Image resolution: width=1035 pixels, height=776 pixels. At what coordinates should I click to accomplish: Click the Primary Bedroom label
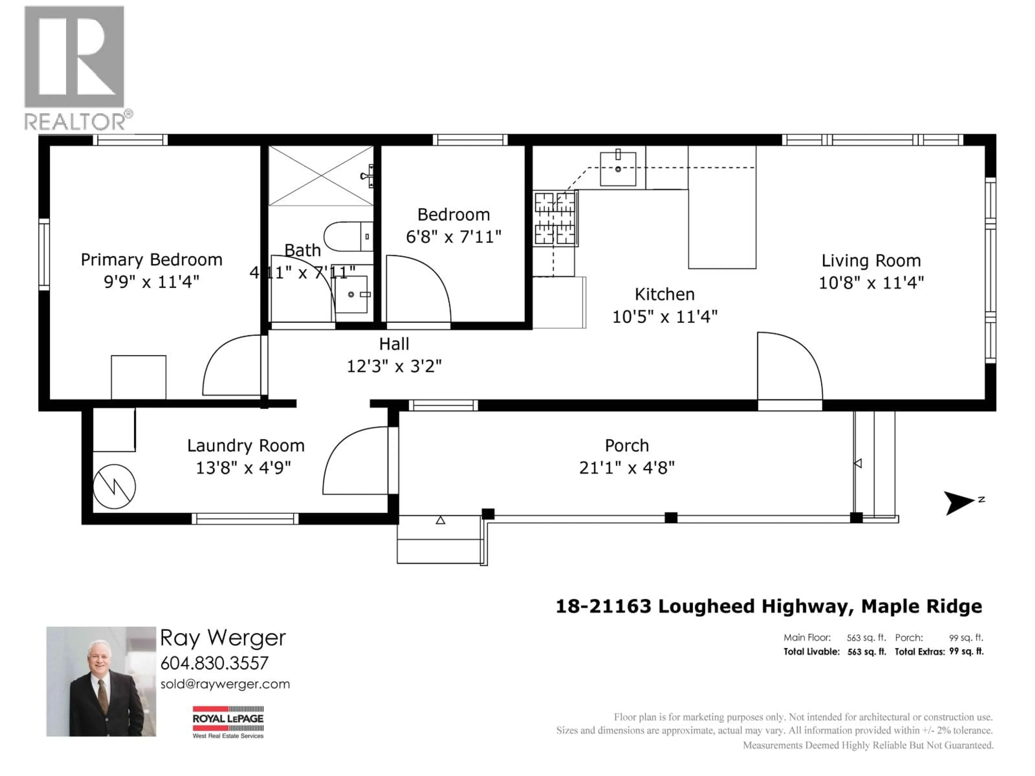click(151, 259)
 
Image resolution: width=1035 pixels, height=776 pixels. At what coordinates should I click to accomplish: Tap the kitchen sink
click(618, 168)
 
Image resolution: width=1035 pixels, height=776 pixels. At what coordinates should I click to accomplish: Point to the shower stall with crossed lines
click(321, 176)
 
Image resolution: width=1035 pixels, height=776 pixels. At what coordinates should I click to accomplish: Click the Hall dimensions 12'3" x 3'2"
click(394, 366)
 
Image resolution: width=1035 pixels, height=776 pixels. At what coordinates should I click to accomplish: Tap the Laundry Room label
click(246, 446)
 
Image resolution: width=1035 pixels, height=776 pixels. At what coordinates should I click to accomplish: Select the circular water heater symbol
click(114, 486)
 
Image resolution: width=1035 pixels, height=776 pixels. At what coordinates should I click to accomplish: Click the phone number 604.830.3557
click(214, 663)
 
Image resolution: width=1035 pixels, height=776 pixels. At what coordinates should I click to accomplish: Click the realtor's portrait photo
click(101, 681)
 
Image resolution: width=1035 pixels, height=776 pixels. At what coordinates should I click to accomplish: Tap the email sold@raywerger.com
click(225, 684)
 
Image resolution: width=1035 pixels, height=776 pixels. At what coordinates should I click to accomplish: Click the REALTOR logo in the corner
click(75, 68)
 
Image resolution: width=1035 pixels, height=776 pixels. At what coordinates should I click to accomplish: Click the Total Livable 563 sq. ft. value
click(867, 652)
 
